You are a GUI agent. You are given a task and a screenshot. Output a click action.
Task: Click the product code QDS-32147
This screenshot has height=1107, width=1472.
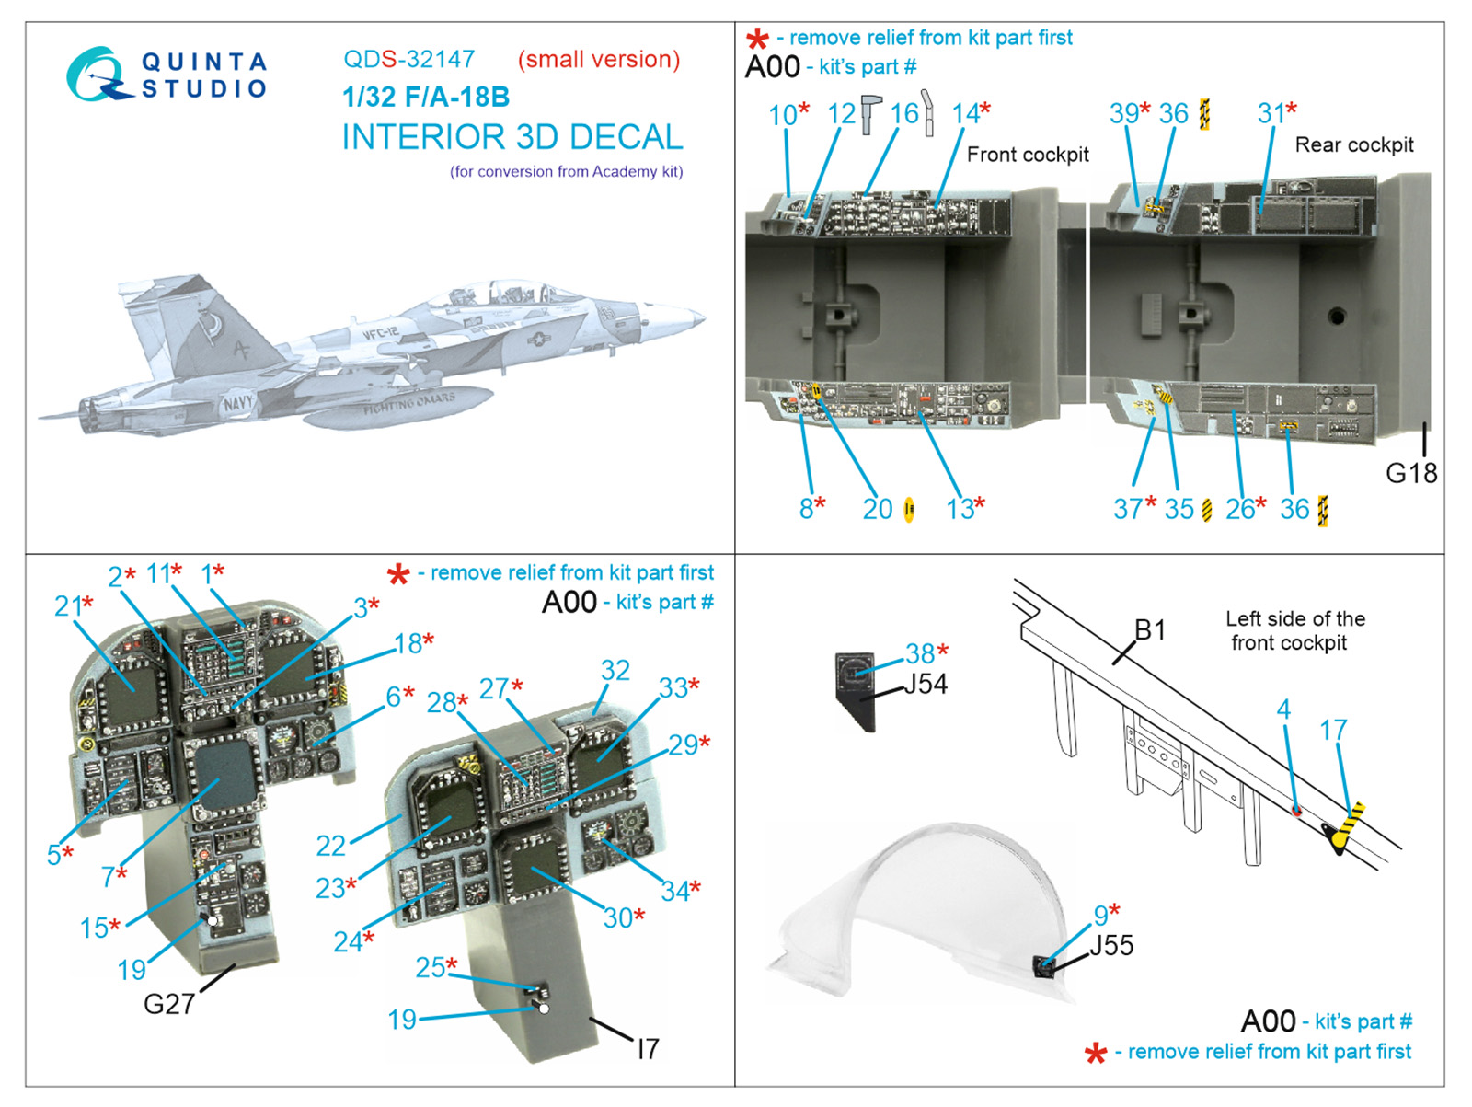[x=408, y=60]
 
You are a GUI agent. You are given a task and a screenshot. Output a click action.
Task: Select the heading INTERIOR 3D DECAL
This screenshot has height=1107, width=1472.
[x=512, y=137]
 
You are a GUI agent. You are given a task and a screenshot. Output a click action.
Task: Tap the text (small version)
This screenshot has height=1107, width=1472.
[x=598, y=60]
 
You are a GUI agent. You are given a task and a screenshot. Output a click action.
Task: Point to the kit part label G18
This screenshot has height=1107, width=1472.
[x=1410, y=473]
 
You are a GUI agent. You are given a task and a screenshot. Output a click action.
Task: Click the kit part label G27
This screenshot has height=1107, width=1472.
[x=168, y=1003]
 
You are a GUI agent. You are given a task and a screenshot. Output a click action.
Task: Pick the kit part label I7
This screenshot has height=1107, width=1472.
[x=648, y=1048]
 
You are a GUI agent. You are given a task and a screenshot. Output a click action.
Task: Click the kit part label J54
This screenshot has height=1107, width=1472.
[x=925, y=684]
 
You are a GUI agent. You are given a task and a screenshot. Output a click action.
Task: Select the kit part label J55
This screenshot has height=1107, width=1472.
[x=1111, y=945]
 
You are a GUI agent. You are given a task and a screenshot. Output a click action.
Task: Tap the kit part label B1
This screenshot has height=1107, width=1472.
[x=1149, y=630]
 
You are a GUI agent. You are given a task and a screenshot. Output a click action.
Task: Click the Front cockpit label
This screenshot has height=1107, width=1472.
[x=1027, y=155]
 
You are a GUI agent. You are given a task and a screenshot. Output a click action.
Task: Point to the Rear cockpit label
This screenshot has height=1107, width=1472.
[x=1353, y=144]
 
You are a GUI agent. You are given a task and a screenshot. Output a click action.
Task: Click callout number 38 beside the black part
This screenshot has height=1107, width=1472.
[x=919, y=653]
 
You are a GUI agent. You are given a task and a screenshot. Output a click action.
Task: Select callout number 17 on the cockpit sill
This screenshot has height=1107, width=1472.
[x=1333, y=731]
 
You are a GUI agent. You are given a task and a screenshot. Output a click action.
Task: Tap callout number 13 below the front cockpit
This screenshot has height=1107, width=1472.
[x=959, y=509]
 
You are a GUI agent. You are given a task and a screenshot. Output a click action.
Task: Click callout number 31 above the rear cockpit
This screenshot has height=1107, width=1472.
[x=1271, y=113]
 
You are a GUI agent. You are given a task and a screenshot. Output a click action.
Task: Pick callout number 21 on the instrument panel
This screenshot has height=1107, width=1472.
[x=67, y=605]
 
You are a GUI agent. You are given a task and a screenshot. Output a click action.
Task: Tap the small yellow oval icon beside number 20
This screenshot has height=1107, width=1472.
[x=909, y=509]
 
